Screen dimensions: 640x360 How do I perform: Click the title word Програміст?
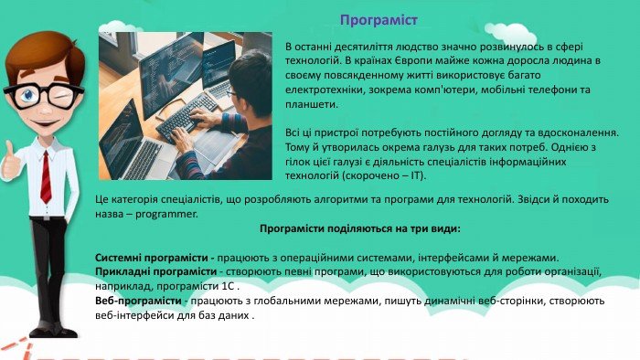pyautogui.click(x=379, y=20)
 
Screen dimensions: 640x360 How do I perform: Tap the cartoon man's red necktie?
pyautogui.click(x=46, y=176)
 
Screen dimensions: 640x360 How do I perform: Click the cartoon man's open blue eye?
pyautogui.click(x=28, y=95)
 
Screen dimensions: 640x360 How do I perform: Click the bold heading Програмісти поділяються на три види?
pyautogui.click(x=360, y=228)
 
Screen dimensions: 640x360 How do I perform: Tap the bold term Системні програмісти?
pyautogui.click(x=152, y=258)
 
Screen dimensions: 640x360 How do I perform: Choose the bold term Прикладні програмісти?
pyautogui.click(x=155, y=271)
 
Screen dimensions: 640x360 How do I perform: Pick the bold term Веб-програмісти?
pyautogui.click(x=138, y=301)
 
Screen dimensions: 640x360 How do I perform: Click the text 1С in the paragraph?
pyautogui.click(x=228, y=286)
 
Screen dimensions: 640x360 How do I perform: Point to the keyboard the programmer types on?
pyautogui.click(x=187, y=117)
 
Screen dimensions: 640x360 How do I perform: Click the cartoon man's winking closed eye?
pyautogui.click(x=62, y=95)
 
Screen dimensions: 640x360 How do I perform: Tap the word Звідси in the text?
pyautogui.click(x=533, y=199)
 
